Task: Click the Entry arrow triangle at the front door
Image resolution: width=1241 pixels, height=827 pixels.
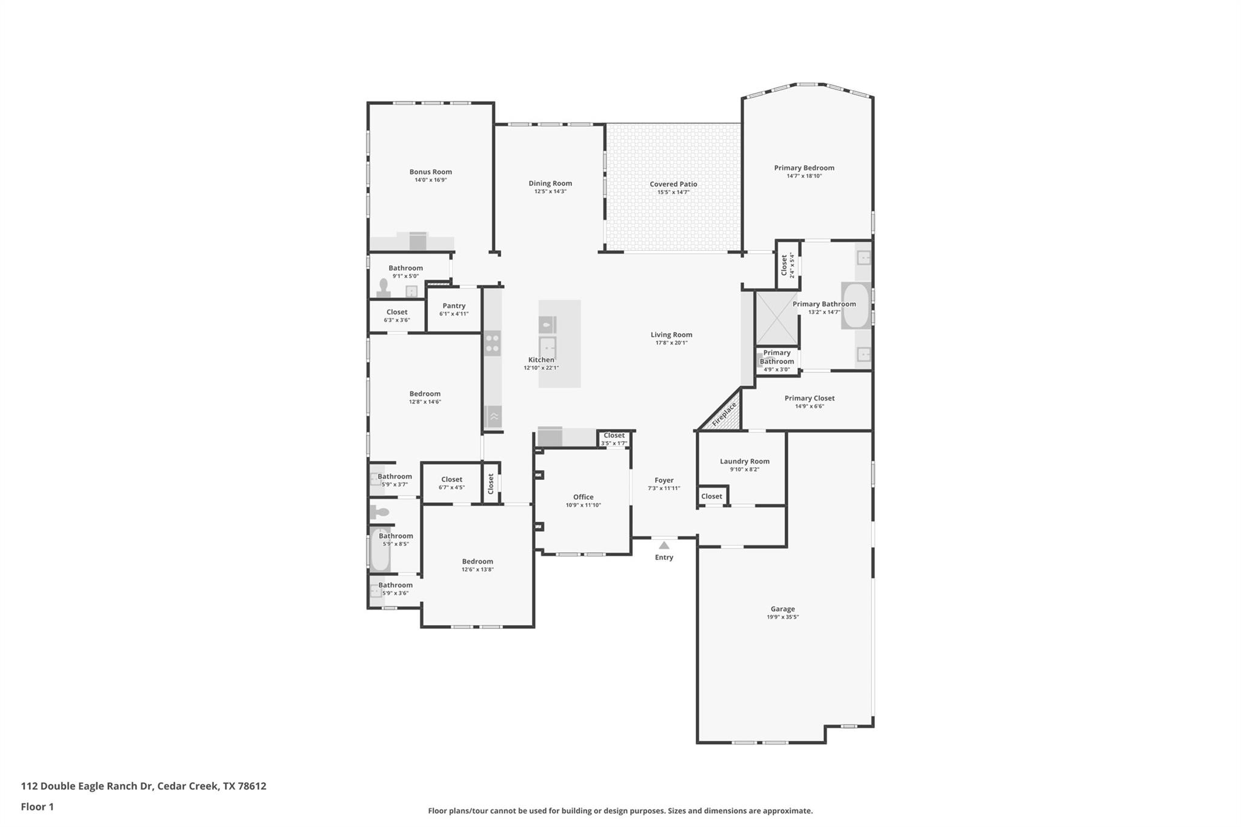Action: [x=664, y=545]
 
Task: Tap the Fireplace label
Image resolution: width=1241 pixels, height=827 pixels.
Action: [x=725, y=414]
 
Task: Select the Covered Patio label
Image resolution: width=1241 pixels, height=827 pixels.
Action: [x=673, y=184]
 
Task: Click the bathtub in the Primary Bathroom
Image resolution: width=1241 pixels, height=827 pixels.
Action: [x=856, y=305]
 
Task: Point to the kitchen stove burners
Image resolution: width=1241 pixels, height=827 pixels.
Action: [x=493, y=344]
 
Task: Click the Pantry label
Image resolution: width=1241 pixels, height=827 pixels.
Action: [x=454, y=306]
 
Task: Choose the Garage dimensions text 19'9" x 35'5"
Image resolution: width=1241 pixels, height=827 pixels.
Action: [x=783, y=617]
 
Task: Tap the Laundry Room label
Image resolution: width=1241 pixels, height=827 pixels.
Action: [x=745, y=461]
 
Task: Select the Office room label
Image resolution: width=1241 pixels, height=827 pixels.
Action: [x=584, y=497]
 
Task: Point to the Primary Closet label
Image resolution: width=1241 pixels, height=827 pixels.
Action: [x=810, y=398]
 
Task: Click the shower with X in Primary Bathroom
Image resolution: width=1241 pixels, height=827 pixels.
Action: [x=776, y=317]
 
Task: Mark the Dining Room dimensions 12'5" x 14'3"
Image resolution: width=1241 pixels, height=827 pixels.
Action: [x=550, y=191]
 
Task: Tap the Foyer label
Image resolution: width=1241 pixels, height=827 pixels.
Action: [x=664, y=480]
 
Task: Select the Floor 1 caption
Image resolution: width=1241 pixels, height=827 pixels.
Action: [x=38, y=807]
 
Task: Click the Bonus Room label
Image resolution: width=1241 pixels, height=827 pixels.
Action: [x=431, y=172]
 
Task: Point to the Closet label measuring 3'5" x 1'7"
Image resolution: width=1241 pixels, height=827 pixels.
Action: [x=614, y=435]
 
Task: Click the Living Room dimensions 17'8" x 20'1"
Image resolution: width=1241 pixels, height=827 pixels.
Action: [x=671, y=343]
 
